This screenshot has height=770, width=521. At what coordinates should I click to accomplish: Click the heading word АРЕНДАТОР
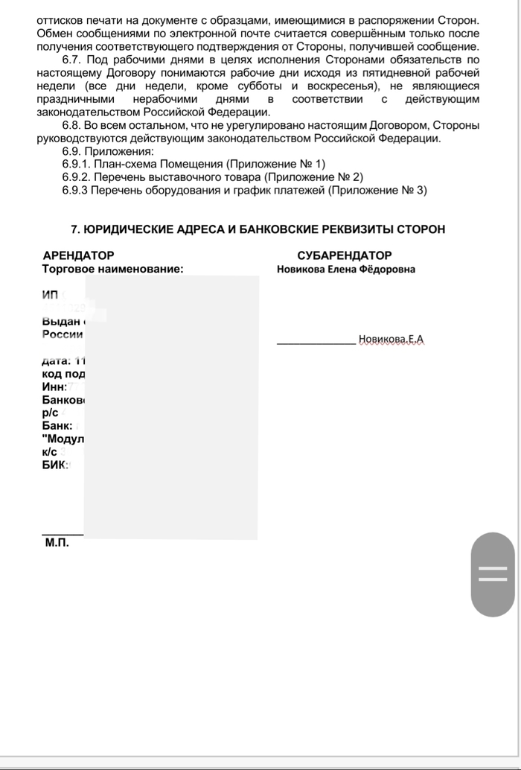pyautogui.click(x=79, y=255)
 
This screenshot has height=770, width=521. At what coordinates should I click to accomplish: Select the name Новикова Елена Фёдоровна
pyautogui.click(x=346, y=270)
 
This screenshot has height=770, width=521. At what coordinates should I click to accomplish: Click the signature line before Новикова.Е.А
pyautogui.click(x=316, y=343)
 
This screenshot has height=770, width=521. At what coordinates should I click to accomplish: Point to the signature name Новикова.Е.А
pyautogui.click(x=391, y=340)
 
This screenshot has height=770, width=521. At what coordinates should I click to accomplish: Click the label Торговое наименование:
pyautogui.click(x=113, y=270)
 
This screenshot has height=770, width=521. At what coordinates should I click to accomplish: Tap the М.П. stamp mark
pyautogui.click(x=57, y=543)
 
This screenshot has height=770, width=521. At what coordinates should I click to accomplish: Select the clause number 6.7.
pyautogui.click(x=72, y=60)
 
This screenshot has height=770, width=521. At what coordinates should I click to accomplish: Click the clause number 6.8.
pyautogui.click(x=72, y=125)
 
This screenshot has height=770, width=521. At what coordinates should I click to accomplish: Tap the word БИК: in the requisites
pyautogui.click(x=56, y=465)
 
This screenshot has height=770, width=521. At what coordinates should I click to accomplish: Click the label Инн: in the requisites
pyautogui.click(x=55, y=386)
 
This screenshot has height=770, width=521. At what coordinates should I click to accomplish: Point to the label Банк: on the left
pyautogui.click(x=57, y=426)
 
